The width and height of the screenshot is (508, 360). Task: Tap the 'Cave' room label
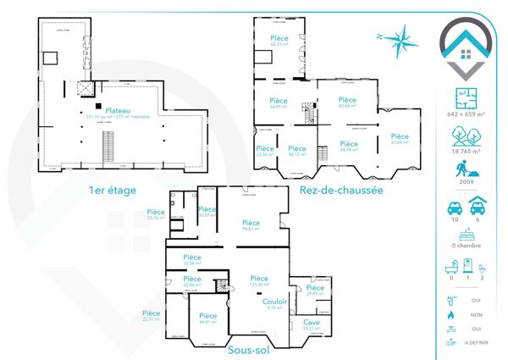point(312,323)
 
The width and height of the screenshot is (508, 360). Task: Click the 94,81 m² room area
point(250,229)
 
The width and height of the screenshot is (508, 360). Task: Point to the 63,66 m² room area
point(399,142)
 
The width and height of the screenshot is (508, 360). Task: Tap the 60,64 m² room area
point(348,107)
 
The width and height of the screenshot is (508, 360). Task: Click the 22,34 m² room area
point(264,155)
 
